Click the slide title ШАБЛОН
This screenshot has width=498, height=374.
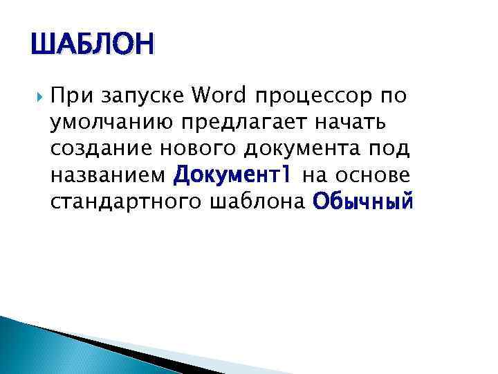pyautogui.click(x=93, y=45)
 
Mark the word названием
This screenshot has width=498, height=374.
pyautogui.click(x=107, y=175)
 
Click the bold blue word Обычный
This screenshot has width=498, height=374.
pyautogui.click(x=362, y=202)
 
